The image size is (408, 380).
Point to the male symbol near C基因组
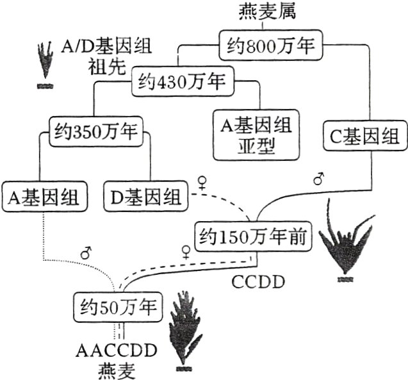click(x=318, y=180)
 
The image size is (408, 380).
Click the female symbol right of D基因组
click(x=203, y=184)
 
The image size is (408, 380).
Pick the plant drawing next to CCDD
click(x=347, y=241)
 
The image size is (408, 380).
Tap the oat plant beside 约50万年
click(x=184, y=333)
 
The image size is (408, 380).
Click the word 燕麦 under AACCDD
click(x=113, y=370)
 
